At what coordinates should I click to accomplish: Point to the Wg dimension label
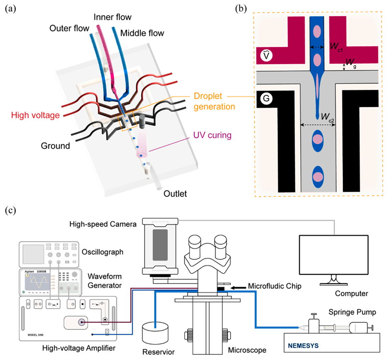pos(351,62)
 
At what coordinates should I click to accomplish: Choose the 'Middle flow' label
pos(143,33)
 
